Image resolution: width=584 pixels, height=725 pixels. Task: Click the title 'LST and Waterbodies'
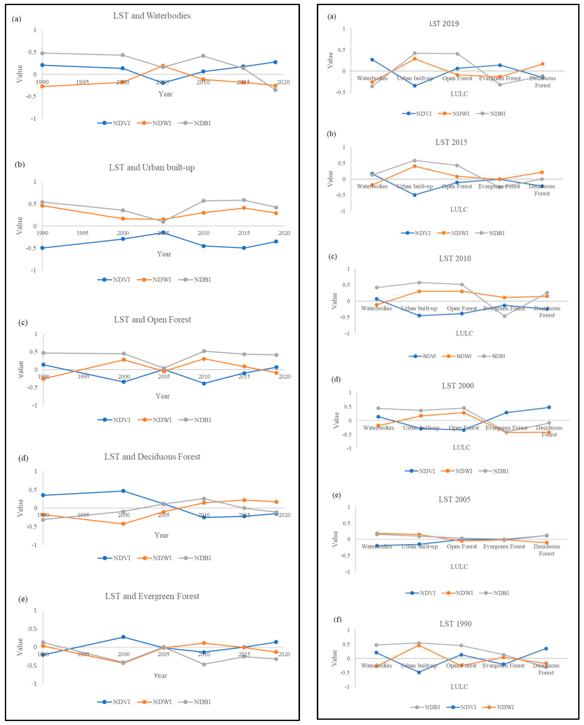pyautogui.click(x=152, y=16)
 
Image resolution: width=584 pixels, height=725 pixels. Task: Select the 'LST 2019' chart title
pyautogui.click(x=444, y=24)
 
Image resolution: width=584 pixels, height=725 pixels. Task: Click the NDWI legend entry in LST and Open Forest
pyautogui.click(x=155, y=420)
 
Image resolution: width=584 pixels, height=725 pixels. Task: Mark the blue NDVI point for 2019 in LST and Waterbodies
pyautogui.click(x=275, y=62)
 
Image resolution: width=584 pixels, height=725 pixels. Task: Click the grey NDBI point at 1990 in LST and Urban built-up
pyautogui.click(x=42, y=202)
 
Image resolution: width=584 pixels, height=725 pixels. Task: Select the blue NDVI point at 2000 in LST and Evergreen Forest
pyautogui.click(x=124, y=637)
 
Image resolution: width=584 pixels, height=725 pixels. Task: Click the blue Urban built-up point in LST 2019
pyautogui.click(x=415, y=86)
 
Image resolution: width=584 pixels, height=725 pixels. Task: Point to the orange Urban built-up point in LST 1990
pyautogui.click(x=419, y=645)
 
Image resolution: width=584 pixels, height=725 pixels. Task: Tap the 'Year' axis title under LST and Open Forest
pyautogui.click(x=162, y=396)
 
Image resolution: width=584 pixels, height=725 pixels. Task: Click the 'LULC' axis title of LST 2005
pyautogui.click(x=459, y=567)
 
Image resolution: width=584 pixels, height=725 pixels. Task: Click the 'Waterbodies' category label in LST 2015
pyautogui.click(x=372, y=186)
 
